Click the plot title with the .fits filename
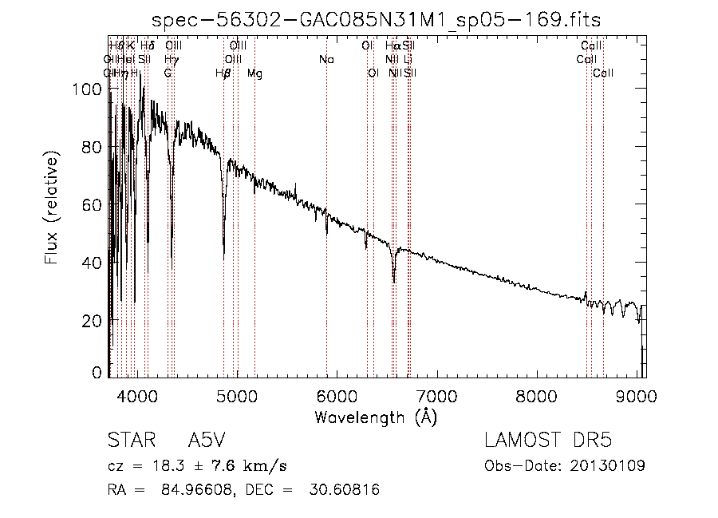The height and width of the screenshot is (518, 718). pyautogui.click(x=376, y=19)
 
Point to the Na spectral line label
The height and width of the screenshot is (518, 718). pyautogui.click(x=325, y=60)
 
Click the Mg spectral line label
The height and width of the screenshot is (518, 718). pyautogui.click(x=254, y=73)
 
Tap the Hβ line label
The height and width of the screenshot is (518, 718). pyautogui.click(x=223, y=73)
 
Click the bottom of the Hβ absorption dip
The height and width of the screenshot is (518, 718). pyautogui.click(x=223, y=257)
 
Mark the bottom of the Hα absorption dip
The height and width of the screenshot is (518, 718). pyautogui.click(x=393, y=281)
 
